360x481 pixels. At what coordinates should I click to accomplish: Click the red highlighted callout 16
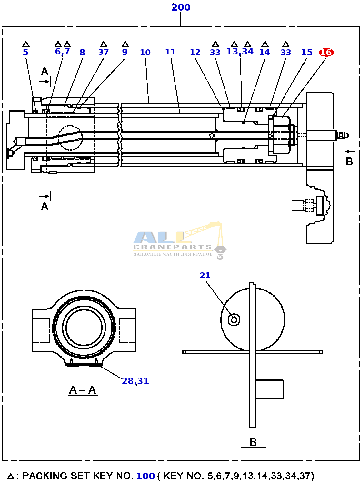[326, 53]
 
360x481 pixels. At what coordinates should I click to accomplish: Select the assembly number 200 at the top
[181, 7]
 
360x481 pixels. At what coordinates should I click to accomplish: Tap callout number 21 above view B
[205, 275]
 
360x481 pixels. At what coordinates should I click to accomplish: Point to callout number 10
[145, 52]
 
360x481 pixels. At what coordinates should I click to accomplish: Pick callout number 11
[170, 52]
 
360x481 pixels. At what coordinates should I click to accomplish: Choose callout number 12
[195, 52]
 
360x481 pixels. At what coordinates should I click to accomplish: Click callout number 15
[306, 52]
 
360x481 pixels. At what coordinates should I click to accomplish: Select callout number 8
[82, 52]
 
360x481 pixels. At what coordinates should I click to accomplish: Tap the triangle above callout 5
[26, 44]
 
